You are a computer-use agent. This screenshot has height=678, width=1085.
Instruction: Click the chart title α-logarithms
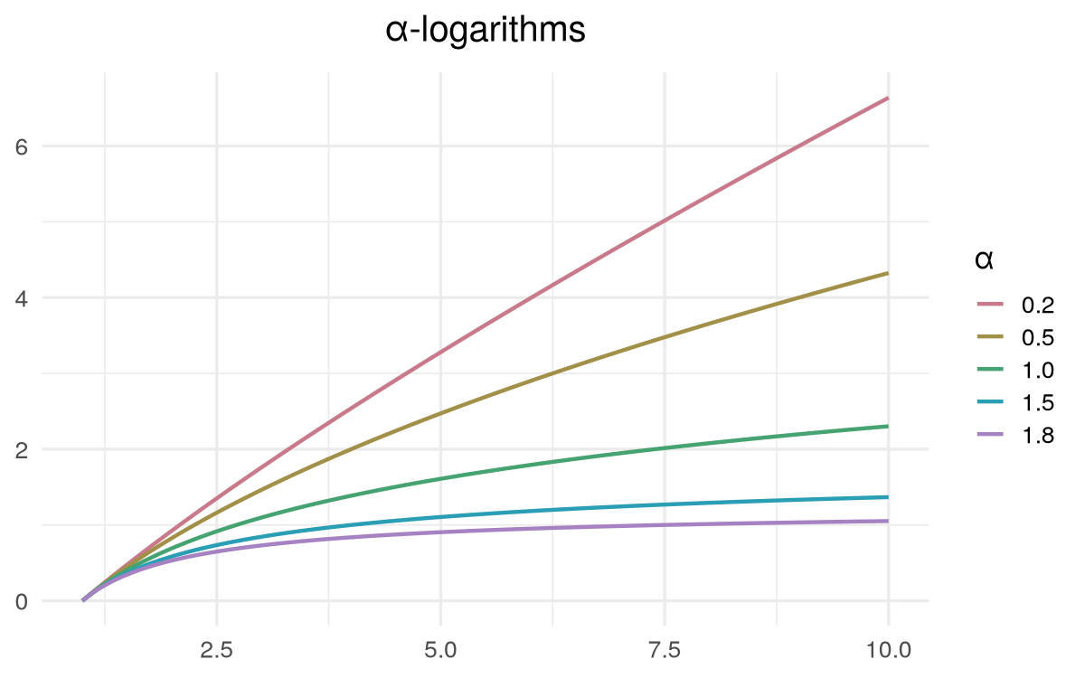point(486,31)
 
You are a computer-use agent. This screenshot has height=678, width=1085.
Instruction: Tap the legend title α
point(984,260)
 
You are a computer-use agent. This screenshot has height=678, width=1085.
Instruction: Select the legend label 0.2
point(1038,304)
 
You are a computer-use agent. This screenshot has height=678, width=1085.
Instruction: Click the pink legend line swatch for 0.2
point(993,304)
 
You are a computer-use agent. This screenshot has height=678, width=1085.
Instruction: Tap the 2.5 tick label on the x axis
point(217,647)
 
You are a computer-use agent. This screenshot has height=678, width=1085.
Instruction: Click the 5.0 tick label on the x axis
point(440,647)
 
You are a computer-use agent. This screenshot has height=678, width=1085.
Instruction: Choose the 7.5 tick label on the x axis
point(665,647)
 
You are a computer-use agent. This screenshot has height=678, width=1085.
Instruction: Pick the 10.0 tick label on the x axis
point(889,647)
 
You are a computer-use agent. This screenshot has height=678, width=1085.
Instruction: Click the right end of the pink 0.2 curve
point(888,98)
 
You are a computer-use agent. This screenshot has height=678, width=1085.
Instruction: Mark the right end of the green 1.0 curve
point(888,426)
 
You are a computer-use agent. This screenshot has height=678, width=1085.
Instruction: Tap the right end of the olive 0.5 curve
point(888,273)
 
